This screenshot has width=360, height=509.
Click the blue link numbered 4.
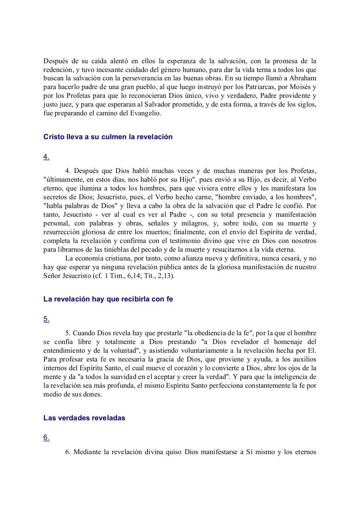47,157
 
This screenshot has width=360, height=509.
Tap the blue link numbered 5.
47,319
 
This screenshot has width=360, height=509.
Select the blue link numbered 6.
47,437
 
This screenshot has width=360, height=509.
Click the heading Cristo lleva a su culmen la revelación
108,137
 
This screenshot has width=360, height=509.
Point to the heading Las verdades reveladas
84,418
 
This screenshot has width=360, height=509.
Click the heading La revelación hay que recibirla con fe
108,299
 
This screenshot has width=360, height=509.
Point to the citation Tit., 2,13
160,276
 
